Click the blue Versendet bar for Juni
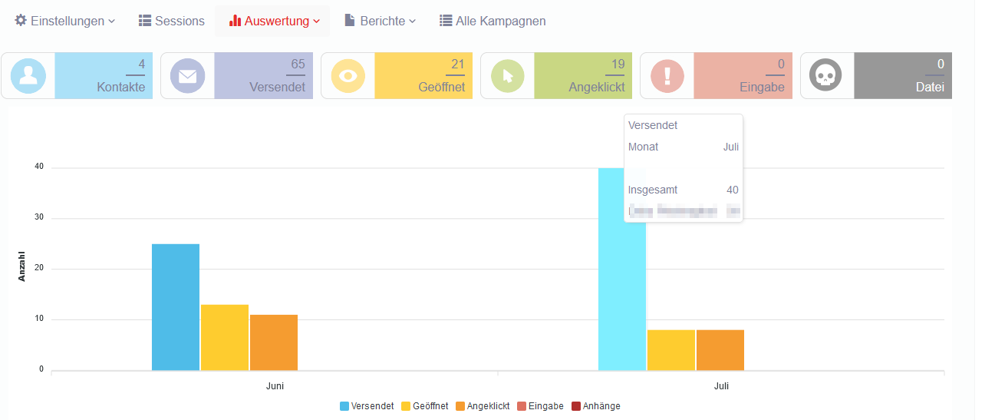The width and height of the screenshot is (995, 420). tap(176, 307)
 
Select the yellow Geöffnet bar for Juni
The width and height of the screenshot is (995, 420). tap(225, 338)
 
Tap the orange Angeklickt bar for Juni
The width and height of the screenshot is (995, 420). tap(274, 342)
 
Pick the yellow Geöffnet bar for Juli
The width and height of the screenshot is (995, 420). tap(671, 350)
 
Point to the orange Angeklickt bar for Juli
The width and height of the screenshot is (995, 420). tap(720, 350)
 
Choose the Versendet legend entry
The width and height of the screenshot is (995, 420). tap(367, 406)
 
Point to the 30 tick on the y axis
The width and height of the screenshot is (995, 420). tap(38, 218)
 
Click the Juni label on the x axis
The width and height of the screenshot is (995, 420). tap(275, 386)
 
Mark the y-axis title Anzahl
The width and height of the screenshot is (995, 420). tap(21, 266)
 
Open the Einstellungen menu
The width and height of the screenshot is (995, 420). tap(65, 21)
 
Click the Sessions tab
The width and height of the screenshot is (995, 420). tap(172, 21)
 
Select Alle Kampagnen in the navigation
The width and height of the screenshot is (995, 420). tap(493, 21)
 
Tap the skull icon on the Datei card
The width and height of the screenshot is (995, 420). tap(826, 75)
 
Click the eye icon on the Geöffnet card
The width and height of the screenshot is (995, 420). tap(348, 75)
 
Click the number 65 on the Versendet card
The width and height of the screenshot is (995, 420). tap(298, 64)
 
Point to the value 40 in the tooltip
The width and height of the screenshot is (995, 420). tap(733, 190)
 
